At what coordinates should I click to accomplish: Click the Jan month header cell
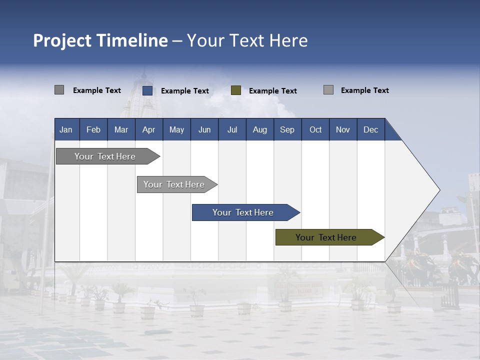pyautogui.click(x=66, y=129)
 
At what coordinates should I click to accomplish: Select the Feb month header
pyautogui.click(x=93, y=129)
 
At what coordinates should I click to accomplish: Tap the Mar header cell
pyautogui.click(x=121, y=129)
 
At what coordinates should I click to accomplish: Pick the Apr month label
pyautogui.click(x=149, y=129)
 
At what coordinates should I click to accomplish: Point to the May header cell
pyautogui.click(x=176, y=129)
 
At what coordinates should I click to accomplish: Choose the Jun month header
pyautogui.click(x=204, y=129)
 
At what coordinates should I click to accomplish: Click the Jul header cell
pyautogui.click(x=232, y=129)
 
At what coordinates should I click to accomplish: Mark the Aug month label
pyautogui.click(x=260, y=129)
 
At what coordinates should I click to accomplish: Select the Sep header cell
pyautogui.click(x=287, y=129)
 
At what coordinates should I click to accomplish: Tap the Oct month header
pyautogui.click(x=315, y=129)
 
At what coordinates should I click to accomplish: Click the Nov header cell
pyautogui.click(x=343, y=129)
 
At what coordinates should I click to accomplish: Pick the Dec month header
pyautogui.click(x=371, y=129)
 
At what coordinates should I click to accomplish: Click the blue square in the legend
pyautogui.click(x=147, y=90)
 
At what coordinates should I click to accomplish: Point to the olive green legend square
pyautogui.click(x=236, y=90)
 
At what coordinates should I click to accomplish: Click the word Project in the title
pyautogui.click(x=61, y=40)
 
